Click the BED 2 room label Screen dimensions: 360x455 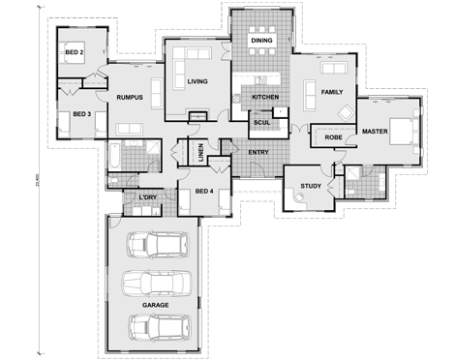75,52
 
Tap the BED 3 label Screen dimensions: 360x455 81,114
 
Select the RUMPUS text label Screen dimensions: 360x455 130,98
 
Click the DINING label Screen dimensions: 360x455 261,41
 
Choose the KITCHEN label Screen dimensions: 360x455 265,98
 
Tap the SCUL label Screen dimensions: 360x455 261,123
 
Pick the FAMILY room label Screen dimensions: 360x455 331,92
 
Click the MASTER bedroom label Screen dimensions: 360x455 375,130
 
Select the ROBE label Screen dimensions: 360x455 333,138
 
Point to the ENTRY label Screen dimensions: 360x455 258,152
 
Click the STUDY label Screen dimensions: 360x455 311,185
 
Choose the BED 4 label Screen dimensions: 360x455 203,191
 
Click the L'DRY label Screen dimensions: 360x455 147,197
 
